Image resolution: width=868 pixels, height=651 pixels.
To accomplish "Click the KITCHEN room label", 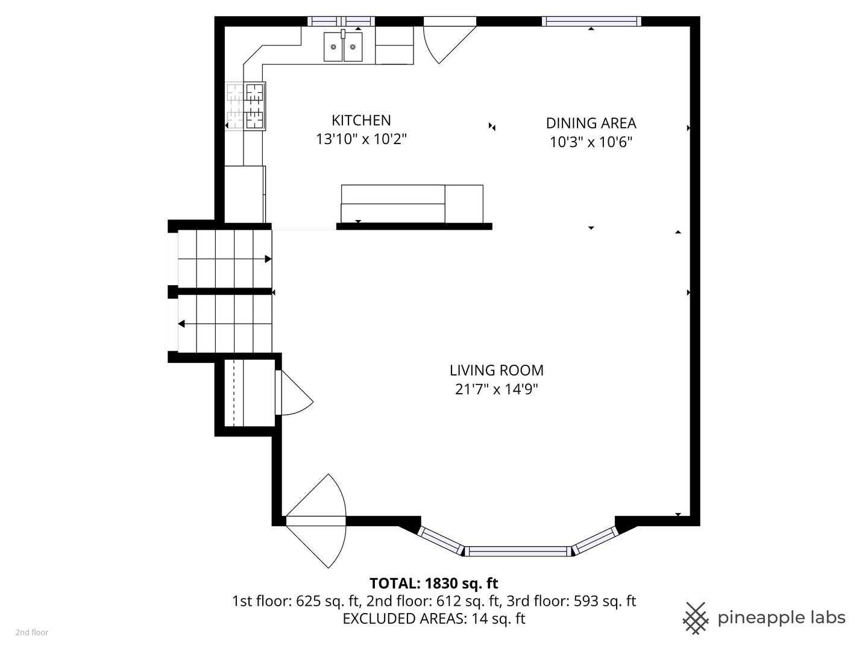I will (361, 120).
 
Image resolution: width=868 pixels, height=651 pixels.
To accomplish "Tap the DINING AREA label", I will (591, 123).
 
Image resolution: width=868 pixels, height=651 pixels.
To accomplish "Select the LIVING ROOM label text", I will (496, 370).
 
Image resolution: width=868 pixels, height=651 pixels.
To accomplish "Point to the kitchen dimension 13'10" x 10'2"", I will (361, 139).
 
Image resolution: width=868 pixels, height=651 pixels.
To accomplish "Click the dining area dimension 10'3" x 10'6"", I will (591, 142).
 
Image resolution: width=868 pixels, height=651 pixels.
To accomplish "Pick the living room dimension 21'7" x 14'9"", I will (496, 389).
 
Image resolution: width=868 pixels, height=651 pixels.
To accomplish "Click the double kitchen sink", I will (343, 46).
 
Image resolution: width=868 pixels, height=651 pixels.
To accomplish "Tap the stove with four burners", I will (254, 106).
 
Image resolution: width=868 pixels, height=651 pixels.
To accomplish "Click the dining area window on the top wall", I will (591, 22).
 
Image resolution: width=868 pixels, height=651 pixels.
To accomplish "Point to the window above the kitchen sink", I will (341, 22).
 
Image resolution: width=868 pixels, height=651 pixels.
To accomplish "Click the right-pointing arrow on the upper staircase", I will (268, 259).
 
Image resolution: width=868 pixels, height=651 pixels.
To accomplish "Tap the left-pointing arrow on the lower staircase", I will (181, 324).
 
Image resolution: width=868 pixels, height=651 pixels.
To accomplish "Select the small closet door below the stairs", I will (292, 393).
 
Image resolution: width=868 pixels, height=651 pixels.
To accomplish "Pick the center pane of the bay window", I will (517, 551).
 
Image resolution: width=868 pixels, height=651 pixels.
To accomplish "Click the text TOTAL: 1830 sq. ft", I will (433, 583).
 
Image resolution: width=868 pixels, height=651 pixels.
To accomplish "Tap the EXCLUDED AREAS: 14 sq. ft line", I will (433, 619).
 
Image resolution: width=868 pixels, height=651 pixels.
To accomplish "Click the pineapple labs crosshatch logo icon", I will (695, 618).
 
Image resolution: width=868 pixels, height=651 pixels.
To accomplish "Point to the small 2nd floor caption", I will (32, 633).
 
